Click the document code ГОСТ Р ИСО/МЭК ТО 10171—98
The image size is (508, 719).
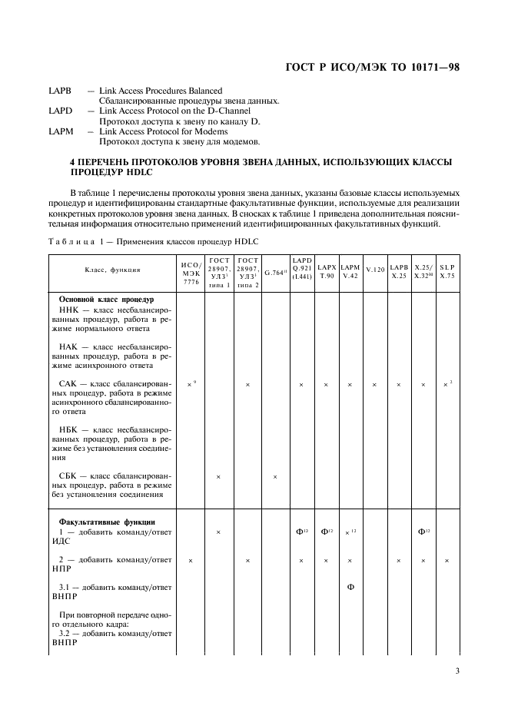point(372,68)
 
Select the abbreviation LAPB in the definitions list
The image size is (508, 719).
point(60,91)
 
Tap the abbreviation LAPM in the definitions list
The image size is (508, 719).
point(61,131)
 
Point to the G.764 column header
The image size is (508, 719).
point(275,272)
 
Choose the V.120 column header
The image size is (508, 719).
point(374,270)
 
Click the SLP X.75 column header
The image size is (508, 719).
point(447,270)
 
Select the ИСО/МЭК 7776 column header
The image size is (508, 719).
point(191,271)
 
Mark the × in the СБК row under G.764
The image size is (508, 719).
point(275,477)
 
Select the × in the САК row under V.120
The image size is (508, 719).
point(374,384)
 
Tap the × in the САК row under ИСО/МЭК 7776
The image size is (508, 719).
point(190,384)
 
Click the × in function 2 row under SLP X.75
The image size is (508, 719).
point(447,562)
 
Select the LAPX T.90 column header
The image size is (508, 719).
point(326,270)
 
